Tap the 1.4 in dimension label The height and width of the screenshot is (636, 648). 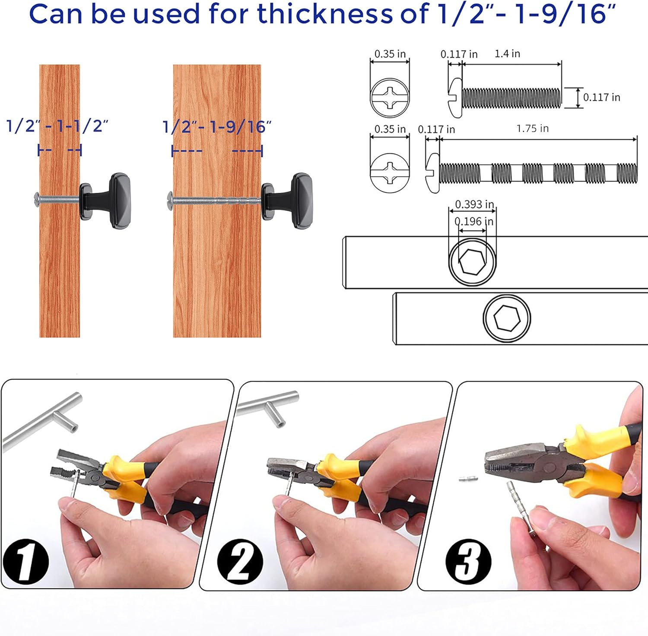click(507, 54)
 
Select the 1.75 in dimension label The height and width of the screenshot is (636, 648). click(533, 128)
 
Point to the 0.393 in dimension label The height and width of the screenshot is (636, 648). click(474, 204)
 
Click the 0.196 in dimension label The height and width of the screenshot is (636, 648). click(474, 222)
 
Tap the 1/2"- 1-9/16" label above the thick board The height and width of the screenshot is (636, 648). click(217, 127)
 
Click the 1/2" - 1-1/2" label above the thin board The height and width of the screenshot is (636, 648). click(57, 126)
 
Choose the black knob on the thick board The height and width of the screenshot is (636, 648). click(286, 201)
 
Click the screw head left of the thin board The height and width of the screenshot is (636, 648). click(37, 198)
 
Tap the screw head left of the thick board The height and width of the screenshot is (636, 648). click(170, 198)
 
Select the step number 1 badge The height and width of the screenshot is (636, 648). click(26, 562)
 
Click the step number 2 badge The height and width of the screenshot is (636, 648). click(240, 562)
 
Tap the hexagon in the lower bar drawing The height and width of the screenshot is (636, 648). click(506, 318)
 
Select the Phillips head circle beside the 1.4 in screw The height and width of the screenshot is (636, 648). click(390, 98)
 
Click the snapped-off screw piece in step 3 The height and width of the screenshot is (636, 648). click(468, 479)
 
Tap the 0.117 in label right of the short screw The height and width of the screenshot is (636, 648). click(602, 97)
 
